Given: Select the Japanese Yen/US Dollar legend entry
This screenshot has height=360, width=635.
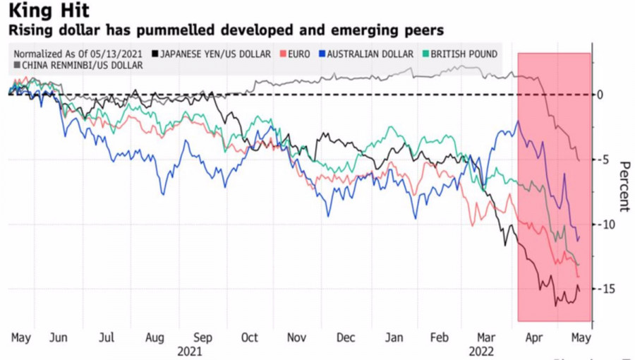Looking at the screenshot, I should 216,54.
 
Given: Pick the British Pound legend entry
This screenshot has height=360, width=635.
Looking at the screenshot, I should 463,54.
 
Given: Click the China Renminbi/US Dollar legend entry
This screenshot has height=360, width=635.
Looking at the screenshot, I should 82,65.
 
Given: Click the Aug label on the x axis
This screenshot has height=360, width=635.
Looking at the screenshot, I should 155,338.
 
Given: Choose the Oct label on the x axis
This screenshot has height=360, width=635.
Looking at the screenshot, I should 250,338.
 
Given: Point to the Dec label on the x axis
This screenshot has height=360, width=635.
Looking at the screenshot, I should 346,338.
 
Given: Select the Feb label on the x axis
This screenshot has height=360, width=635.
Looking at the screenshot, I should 440,338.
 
